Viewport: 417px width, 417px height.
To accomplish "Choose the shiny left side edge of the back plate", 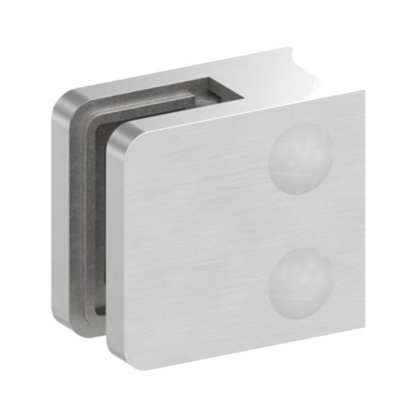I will (x=61, y=208).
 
